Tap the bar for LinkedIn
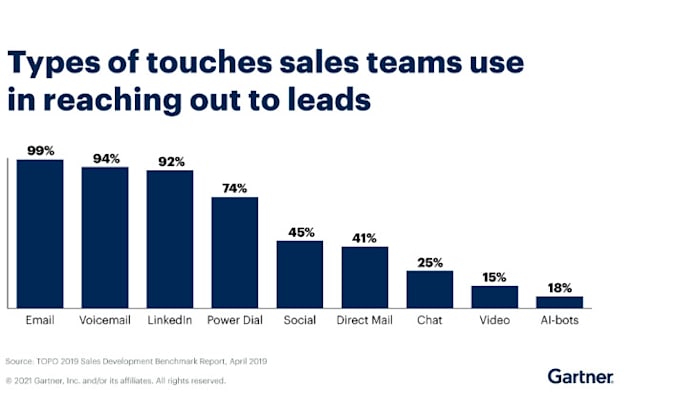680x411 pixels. point(170,238)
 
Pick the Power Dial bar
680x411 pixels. point(235,251)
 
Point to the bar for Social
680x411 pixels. point(300,273)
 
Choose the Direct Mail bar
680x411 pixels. point(365,276)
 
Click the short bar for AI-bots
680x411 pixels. point(559,301)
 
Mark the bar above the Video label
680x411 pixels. point(494,296)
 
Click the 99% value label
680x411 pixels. point(40,150)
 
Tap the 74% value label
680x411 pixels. point(235,187)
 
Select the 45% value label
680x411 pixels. point(300,231)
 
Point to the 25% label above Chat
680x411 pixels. point(430,261)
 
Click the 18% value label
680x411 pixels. point(559,287)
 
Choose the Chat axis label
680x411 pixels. point(430,320)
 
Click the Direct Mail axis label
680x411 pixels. point(365,320)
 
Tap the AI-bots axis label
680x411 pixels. point(559,320)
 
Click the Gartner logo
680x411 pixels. point(580,376)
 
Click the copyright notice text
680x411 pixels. point(116,380)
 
